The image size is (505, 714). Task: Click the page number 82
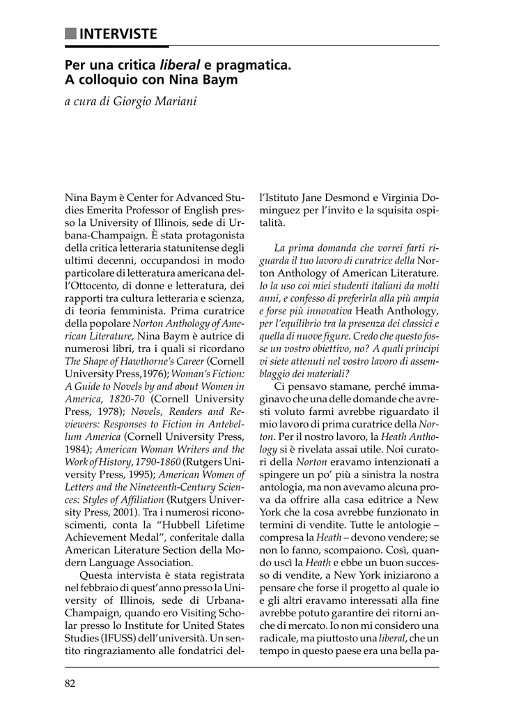click(x=70, y=683)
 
